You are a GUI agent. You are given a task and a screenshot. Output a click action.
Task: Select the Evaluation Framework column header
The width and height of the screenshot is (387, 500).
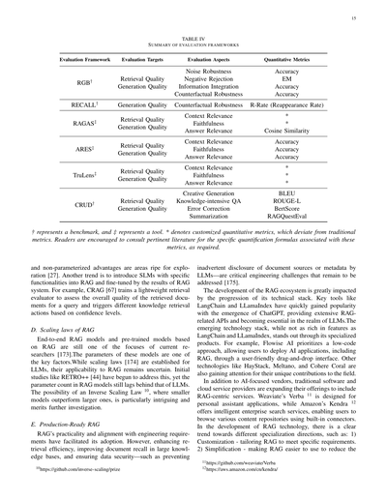pos(80,60)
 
